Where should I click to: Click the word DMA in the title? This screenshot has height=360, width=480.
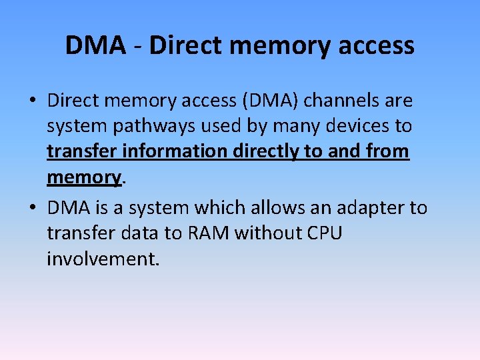(95, 46)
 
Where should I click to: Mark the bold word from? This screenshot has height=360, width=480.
(386, 151)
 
